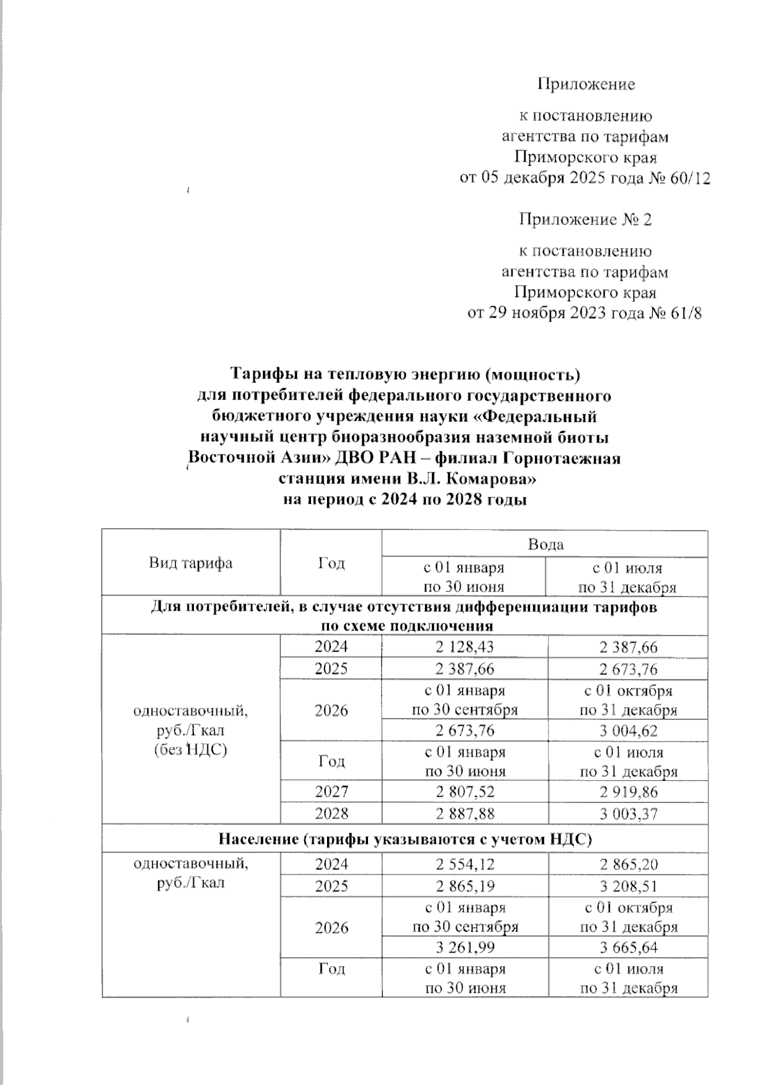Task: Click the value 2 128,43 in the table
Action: pyautogui.click(x=464, y=648)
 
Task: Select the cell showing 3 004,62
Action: pyautogui.click(x=628, y=731)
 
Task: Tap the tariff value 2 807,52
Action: pyautogui.click(x=465, y=792)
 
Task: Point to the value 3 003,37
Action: pyautogui.click(x=628, y=813)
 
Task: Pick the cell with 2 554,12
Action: pyautogui.click(x=465, y=864)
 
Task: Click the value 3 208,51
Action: pyautogui.click(x=628, y=886)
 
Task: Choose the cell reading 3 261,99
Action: pyautogui.click(x=465, y=948)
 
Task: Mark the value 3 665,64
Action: pyautogui.click(x=628, y=948)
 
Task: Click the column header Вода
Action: pyautogui.click(x=545, y=544)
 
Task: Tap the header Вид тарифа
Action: pyautogui.click(x=191, y=563)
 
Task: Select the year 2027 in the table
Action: pyautogui.click(x=331, y=792)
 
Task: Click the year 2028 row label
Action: pyautogui.click(x=331, y=813)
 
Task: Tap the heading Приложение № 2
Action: pyautogui.click(x=585, y=220)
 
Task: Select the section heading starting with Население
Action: pyautogui.click(x=404, y=839)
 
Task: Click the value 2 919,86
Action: pyautogui.click(x=628, y=792)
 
